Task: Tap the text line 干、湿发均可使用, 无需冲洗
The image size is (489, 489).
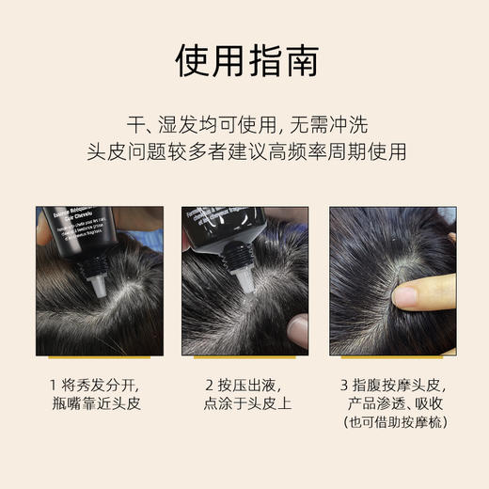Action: click(x=244, y=122)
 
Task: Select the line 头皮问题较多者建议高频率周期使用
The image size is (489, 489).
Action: click(x=244, y=151)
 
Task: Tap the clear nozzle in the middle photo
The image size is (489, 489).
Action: click(x=242, y=282)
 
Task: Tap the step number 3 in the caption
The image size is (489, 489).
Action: click(x=347, y=385)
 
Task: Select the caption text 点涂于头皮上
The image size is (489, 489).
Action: click(x=245, y=406)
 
